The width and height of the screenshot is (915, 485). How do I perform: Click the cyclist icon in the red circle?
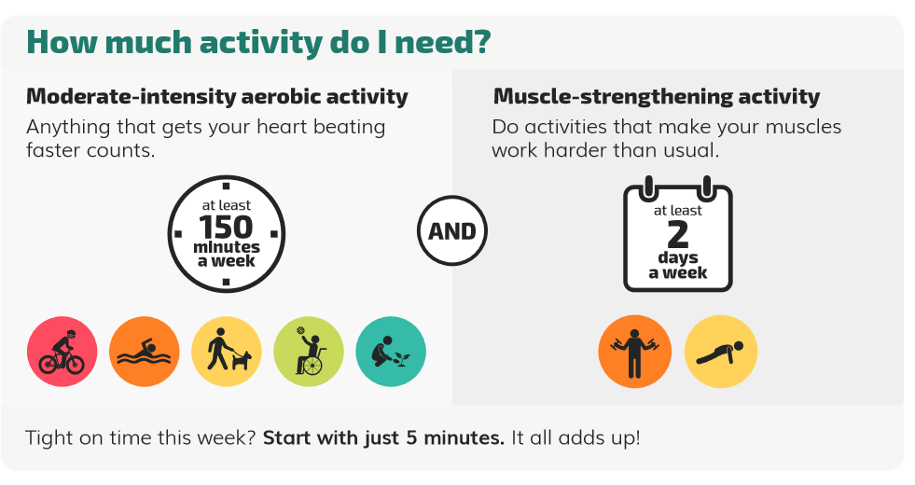[62, 352]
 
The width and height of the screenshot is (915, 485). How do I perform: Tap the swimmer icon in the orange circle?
[145, 352]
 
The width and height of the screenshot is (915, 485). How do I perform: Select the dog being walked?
[242, 360]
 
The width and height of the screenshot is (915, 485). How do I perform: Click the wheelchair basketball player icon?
[310, 352]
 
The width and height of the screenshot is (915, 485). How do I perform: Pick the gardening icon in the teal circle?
[391, 352]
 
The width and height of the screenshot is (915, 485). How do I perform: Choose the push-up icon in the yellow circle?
[721, 352]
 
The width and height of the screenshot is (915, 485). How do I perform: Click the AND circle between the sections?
[452, 231]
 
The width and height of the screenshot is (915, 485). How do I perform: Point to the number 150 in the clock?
[226, 227]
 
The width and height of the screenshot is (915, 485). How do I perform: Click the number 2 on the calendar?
[677, 235]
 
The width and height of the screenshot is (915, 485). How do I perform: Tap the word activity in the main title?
[261, 42]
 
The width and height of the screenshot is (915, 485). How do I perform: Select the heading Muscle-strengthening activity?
[657, 96]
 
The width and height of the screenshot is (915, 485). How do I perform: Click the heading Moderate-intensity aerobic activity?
[217, 96]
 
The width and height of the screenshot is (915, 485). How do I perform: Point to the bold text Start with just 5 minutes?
[383, 437]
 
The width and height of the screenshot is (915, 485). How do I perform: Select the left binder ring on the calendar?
[648, 187]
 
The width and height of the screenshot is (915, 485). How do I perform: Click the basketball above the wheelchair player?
[300, 330]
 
